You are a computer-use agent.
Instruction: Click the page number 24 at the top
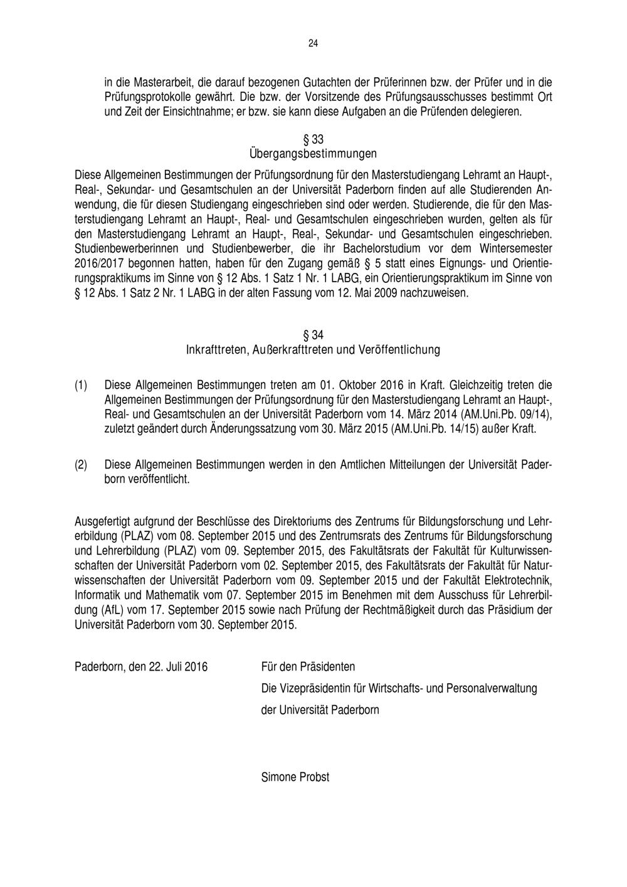(313, 43)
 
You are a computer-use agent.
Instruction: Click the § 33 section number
(313, 138)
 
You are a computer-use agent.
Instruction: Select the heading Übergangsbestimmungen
(313, 153)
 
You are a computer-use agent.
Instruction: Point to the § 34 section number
(313, 334)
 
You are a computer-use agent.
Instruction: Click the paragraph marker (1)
(82, 383)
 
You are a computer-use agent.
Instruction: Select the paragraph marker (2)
(82, 465)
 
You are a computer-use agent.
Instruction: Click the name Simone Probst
(295, 777)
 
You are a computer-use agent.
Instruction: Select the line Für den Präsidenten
(308, 666)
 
